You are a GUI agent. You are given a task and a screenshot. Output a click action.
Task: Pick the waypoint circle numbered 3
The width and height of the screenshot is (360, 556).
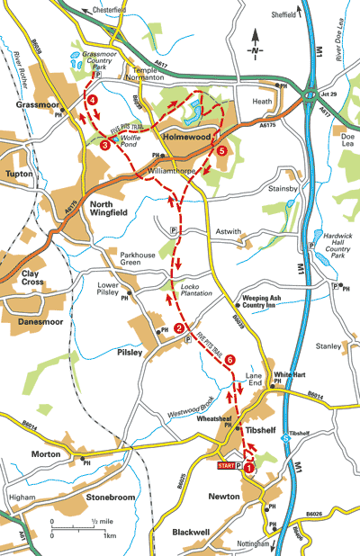pyautogui.click(x=105, y=144)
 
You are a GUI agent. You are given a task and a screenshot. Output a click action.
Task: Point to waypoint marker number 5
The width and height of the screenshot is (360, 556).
pyautogui.click(x=222, y=151)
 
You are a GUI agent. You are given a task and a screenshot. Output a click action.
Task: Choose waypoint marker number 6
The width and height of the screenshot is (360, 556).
pyautogui.click(x=230, y=359)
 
